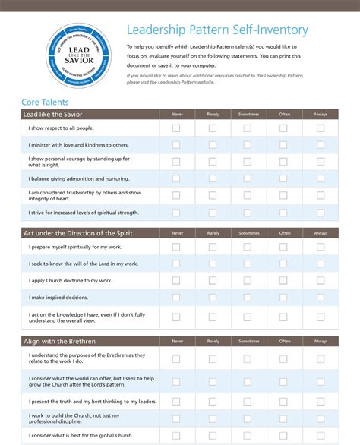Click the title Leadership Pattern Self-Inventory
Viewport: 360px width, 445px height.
coord(216,30)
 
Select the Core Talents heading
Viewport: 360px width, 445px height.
coord(45,102)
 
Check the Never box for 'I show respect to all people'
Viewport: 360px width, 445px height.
coord(176,128)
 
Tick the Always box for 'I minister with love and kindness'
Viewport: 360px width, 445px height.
coord(321,144)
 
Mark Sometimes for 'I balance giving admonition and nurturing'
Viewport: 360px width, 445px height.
coord(247,178)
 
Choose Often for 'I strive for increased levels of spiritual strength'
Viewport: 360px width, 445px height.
coord(283,213)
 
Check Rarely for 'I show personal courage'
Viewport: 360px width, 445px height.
coord(213,162)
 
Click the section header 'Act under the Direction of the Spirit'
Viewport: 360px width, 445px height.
coord(78,233)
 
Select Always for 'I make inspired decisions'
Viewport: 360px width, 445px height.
coord(321,298)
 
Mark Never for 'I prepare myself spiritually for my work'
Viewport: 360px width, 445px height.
coord(176,248)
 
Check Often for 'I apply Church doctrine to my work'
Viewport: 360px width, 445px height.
coord(283,280)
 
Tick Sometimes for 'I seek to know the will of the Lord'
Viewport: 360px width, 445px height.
coord(247,264)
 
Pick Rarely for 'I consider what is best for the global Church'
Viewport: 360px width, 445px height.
coord(213,434)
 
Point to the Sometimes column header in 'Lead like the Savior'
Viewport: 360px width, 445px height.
coord(248,114)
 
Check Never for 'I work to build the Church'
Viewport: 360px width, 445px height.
coord(176,418)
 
